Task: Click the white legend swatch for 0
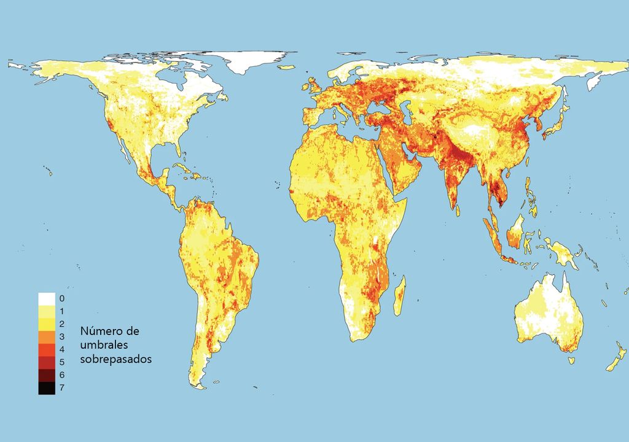47,298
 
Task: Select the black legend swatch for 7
47,387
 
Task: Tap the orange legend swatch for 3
47,336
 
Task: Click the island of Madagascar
399,296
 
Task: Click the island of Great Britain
314,88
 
